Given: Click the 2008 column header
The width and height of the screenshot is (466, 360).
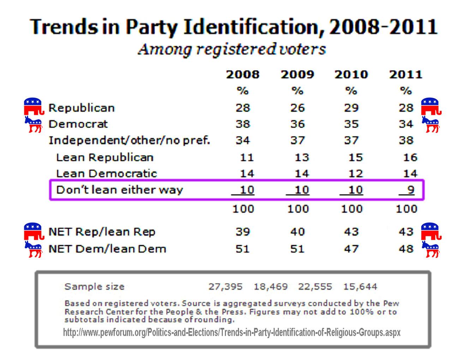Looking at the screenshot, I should [243, 74].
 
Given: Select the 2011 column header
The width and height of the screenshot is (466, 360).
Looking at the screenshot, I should [406, 74].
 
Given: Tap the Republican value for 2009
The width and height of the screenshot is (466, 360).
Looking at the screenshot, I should [297, 108].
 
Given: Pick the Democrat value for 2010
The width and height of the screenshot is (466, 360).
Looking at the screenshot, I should [351, 124].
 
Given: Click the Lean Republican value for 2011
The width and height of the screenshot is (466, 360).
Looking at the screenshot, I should [410, 157].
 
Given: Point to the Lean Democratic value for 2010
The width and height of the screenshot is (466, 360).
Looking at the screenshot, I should [355, 173].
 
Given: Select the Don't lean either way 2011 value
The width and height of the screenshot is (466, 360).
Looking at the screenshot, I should [410, 190].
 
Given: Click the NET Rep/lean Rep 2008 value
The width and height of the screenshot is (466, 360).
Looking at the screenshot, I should [243, 232].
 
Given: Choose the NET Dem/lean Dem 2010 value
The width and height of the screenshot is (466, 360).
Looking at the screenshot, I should [351, 249].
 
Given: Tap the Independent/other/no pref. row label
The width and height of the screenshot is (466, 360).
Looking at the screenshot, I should [129, 140].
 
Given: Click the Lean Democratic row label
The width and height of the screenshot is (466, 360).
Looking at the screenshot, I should [106, 173].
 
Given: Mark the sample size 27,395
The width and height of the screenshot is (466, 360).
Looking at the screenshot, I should [225, 287].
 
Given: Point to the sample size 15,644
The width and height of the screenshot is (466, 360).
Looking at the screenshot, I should [360, 287].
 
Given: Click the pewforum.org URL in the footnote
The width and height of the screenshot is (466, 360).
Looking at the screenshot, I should [232, 332].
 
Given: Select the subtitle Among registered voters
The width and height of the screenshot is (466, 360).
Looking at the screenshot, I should [232, 49].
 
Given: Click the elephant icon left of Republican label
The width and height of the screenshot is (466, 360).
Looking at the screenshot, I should [34, 106].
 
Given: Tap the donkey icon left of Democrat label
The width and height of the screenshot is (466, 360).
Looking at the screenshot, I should [34, 124].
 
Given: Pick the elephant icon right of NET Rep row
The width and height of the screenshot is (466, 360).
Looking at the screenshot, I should [431, 231].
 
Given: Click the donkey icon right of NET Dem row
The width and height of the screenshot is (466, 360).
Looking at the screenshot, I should [431, 249].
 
